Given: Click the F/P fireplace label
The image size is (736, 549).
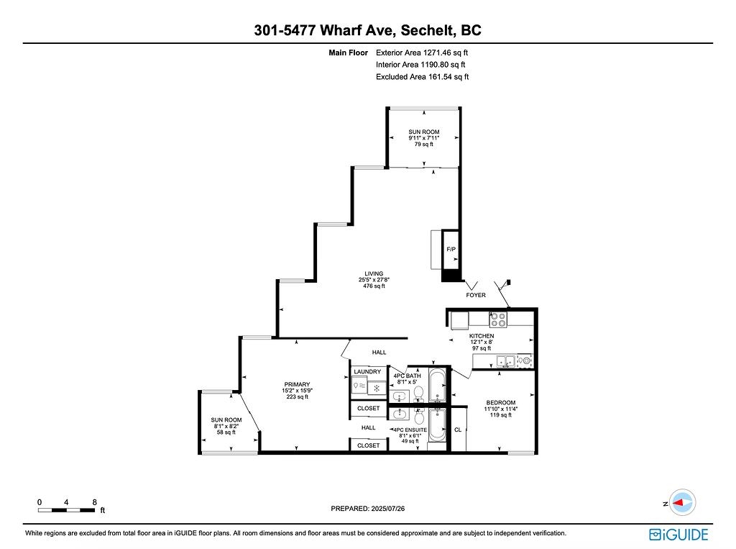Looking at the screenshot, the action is pyautogui.click(x=451, y=249).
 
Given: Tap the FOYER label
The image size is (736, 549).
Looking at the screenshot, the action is pyautogui.click(x=476, y=295).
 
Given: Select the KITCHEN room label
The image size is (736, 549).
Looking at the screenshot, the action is pyautogui.click(x=482, y=336).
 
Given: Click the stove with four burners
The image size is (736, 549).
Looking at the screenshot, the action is pyautogui.click(x=498, y=319).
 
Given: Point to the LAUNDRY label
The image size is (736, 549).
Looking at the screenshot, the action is pyautogui.click(x=367, y=372).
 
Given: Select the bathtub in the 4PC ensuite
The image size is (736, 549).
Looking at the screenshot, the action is pyautogui.click(x=438, y=425).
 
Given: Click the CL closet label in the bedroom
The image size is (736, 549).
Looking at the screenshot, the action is pyautogui.click(x=458, y=430).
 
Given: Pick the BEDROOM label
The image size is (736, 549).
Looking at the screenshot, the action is pyautogui.click(x=501, y=403).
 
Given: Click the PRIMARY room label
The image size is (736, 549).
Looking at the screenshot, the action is pyautogui.click(x=297, y=384).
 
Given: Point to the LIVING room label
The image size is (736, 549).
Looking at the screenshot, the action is pyautogui.click(x=374, y=273).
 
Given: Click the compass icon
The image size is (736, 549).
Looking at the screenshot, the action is pyautogui.click(x=682, y=502).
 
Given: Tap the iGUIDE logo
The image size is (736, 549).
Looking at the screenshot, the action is pyautogui.click(x=678, y=535).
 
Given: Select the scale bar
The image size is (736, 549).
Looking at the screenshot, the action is pyautogui.click(x=66, y=510).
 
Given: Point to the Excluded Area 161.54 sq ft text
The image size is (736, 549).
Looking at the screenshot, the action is pyautogui.click(x=422, y=76).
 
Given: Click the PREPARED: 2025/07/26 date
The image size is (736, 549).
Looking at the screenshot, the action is pyautogui.click(x=367, y=509).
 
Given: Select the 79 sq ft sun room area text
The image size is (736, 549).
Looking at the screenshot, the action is pyautogui.click(x=424, y=145).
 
